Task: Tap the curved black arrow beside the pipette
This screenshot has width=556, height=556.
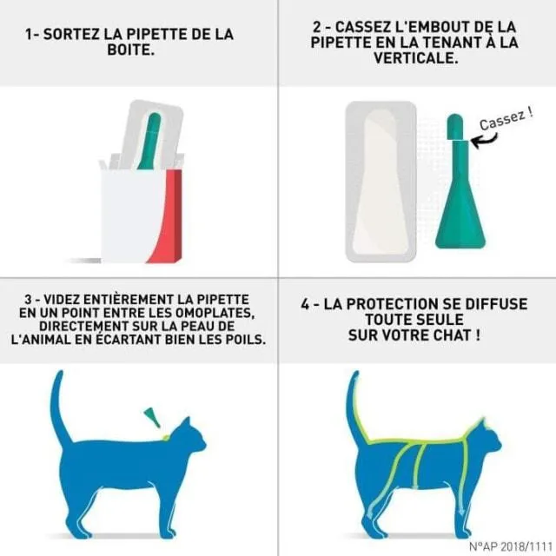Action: tap(484, 140)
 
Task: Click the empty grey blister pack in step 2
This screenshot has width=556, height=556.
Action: tap(381, 182)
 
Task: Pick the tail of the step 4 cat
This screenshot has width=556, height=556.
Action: tap(355, 407)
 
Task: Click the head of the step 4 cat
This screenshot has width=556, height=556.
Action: tap(485, 440)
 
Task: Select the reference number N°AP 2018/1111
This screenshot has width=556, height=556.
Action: tap(511, 546)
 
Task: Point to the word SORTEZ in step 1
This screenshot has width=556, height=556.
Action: tap(71, 35)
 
